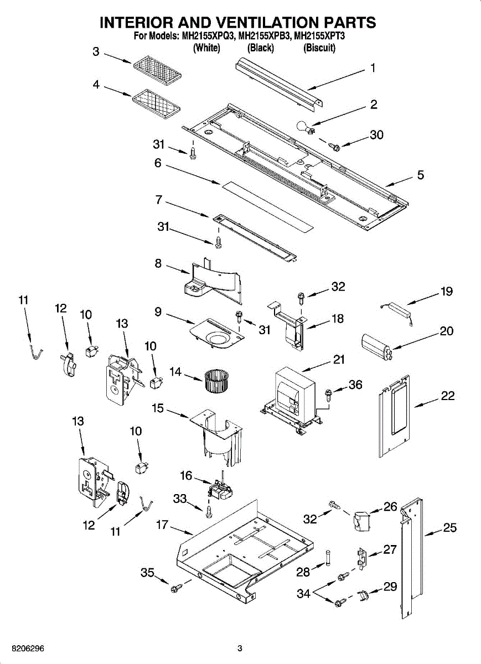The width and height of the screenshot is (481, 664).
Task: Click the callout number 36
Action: [355, 385]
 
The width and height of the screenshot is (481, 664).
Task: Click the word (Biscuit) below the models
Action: [319, 48]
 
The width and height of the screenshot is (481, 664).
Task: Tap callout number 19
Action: [446, 292]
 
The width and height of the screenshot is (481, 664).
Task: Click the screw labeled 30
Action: [333, 147]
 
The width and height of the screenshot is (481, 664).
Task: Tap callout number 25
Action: [450, 527]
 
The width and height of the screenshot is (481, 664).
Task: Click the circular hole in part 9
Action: [218, 338]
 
